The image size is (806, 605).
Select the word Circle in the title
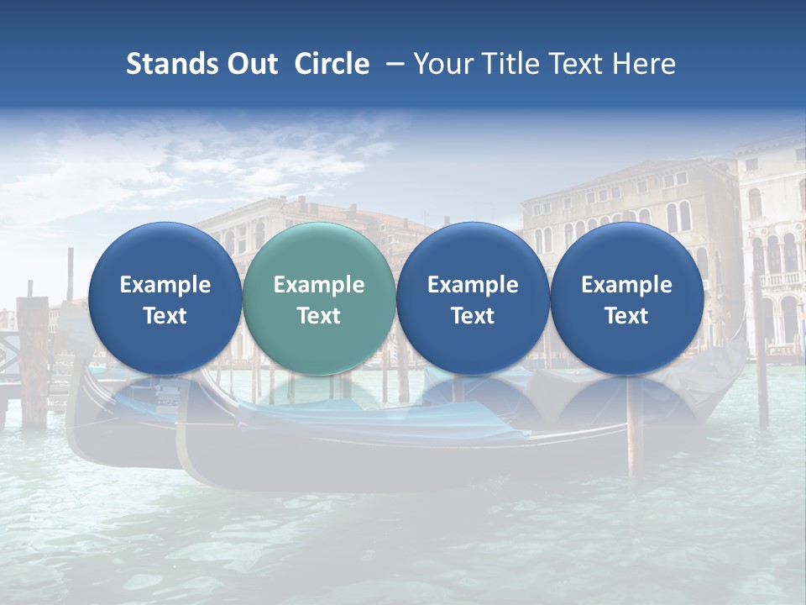point(332,64)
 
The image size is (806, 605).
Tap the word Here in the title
point(646,64)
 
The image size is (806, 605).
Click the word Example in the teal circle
point(319,285)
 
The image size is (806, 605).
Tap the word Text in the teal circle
point(319,316)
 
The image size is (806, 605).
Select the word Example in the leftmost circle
point(165,285)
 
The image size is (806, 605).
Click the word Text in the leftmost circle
point(165,316)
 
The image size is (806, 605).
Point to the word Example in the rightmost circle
point(627,285)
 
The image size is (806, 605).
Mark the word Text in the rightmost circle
point(627,316)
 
